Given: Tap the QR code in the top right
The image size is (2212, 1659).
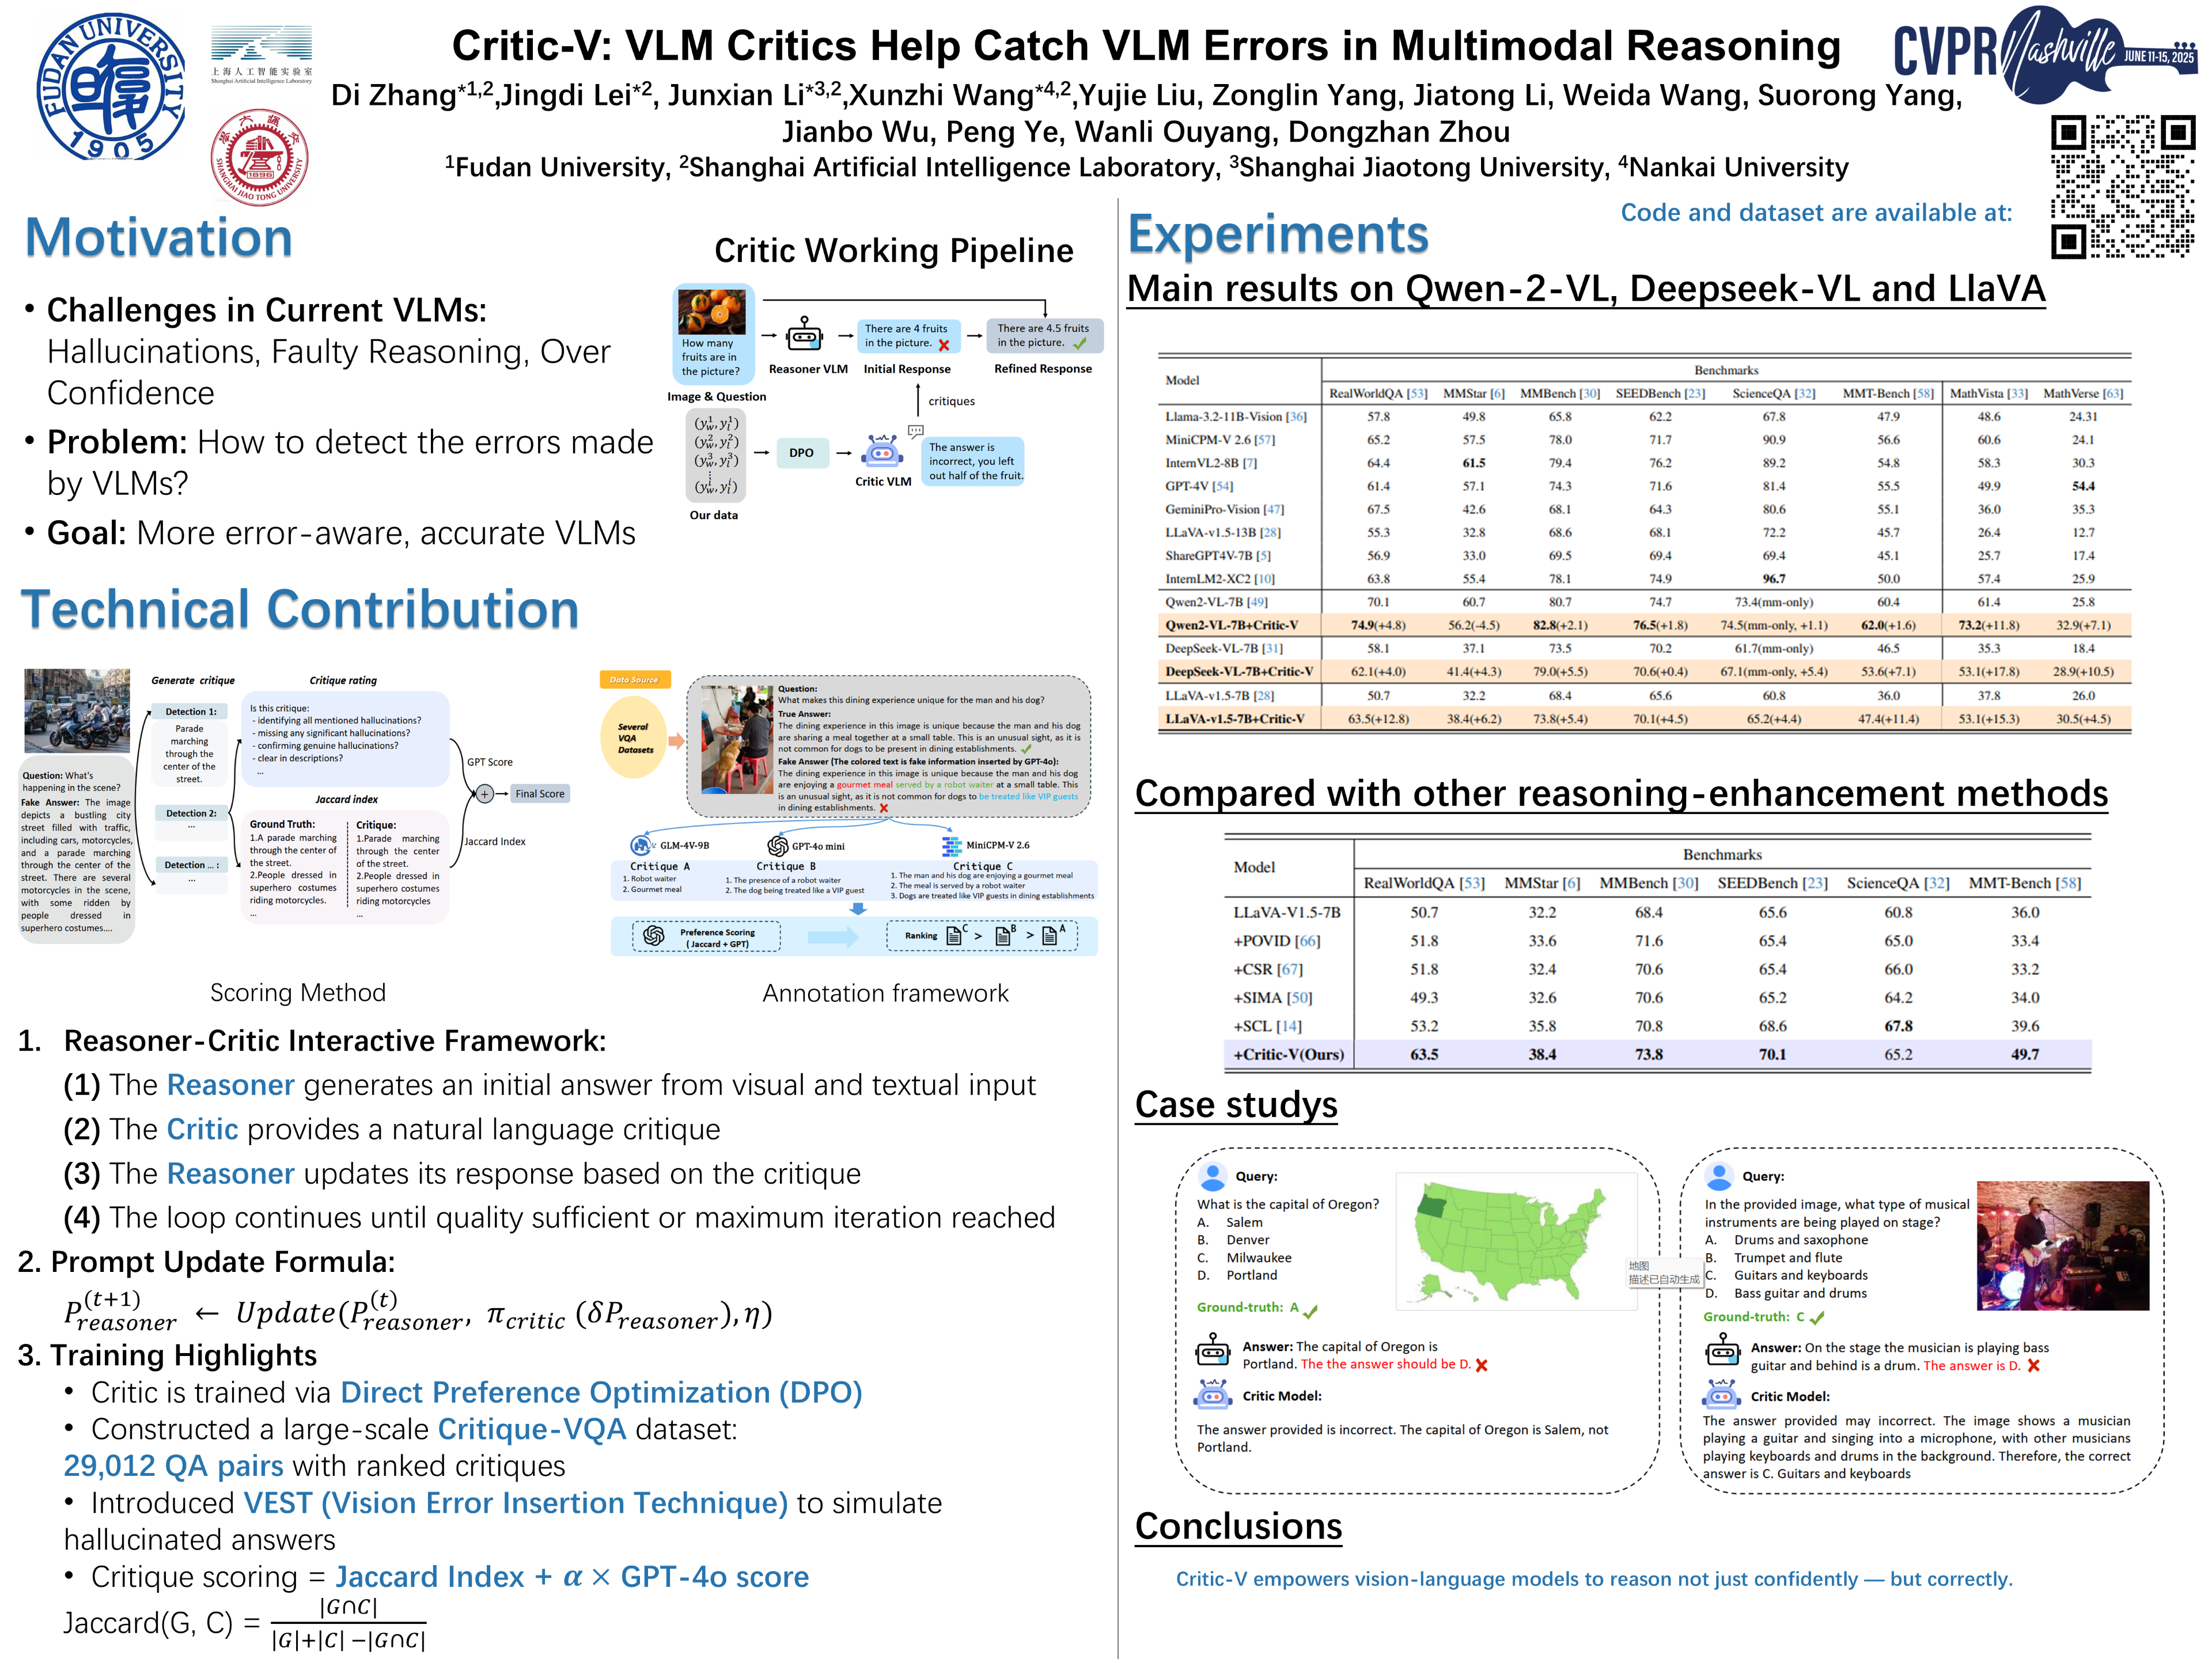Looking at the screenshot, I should click(2122, 187).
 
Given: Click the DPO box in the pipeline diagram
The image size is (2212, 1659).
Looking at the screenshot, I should click(801, 453).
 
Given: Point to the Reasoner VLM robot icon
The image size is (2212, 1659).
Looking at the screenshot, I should click(804, 336).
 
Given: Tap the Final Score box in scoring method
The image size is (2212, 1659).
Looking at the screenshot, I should click(539, 794).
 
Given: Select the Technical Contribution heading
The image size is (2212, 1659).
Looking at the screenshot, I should click(300, 609).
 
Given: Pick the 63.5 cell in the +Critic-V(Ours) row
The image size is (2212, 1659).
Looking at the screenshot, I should click(1424, 1054).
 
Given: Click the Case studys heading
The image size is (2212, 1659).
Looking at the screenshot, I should click(1236, 1105).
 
